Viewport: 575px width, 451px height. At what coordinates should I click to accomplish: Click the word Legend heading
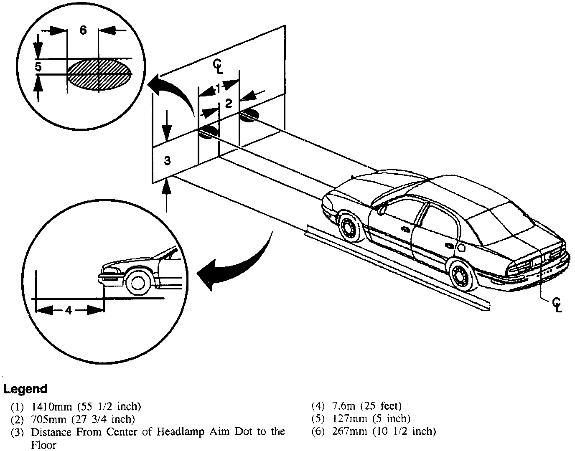pyautogui.click(x=25, y=389)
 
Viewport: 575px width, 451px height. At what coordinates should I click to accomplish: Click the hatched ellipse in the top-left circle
pyautogui.click(x=99, y=74)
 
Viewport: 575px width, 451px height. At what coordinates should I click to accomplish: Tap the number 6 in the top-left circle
pyautogui.click(x=83, y=30)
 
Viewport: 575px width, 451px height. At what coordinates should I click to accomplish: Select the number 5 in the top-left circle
pyautogui.click(x=38, y=66)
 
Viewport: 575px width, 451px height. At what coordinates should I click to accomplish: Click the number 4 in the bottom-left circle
pyautogui.click(x=69, y=310)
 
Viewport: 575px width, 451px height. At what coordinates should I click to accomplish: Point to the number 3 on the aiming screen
pyautogui.click(x=167, y=160)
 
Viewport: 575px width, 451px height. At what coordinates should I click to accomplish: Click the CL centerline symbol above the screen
pyautogui.click(x=218, y=66)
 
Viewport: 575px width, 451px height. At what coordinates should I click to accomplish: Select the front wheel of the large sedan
pyautogui.click(x=347, y=227)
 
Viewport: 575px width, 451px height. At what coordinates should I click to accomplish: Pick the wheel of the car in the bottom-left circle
pyautogui.click(x=138, y=282)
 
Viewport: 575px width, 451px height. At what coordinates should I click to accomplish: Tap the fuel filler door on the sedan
pyautogui.click(x=461, y=248)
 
